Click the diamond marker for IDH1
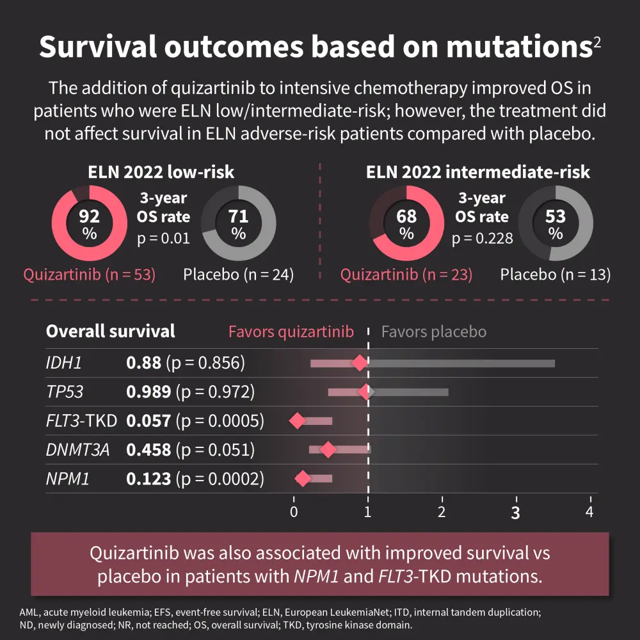click(x=360, y=364)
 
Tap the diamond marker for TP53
click(x=365, y=392)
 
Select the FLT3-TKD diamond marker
click(x=297, y=420)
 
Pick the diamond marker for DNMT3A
click(x=327, y=450)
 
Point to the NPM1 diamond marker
click(x=303, y=478)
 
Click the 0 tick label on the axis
click(x=294, y=512)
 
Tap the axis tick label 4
click(x=589, y=512)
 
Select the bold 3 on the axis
click(x=515, y=513)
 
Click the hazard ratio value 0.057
click(x=148, y=420)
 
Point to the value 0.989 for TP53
click(x=148, y=392)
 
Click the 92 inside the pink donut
click(x=89, y=217)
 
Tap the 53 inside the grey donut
click(x=555, y=217)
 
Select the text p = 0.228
click(x=482, y=239)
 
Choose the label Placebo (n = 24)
click(x=238, y=275)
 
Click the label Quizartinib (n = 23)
click(x=406, y=275)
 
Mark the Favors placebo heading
click(x=433, y=332)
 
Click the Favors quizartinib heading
click(x=291, y=332)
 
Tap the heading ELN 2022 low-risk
click(x=161, y=172)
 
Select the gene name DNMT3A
click(x=77, y=450)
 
